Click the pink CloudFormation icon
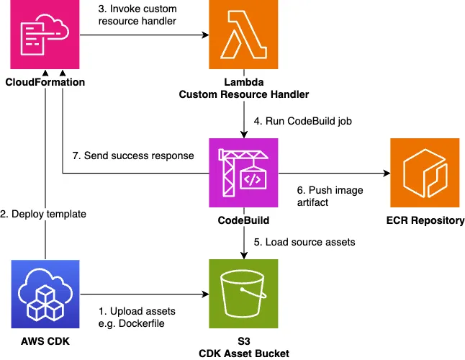click(45, 36)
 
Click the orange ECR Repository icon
click(425, 173)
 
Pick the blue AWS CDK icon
click(45, 294)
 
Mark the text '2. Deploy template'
click(45, 213)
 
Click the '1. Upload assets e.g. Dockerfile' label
click(137, 317)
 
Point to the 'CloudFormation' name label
click(45, 82)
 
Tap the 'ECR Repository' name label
click(425, 220)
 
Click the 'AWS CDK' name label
click(45, 341)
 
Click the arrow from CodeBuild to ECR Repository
click(331, 174)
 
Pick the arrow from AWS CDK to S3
click(144, 294)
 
